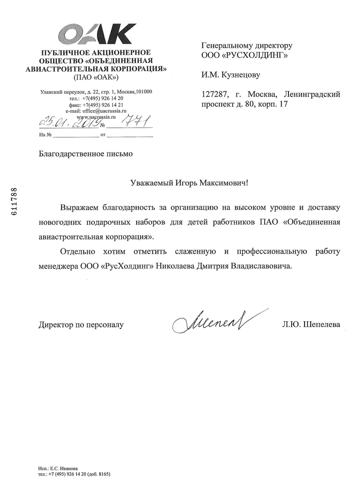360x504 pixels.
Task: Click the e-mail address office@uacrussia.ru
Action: click(102, 110)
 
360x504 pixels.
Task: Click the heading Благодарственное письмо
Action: click(86, 154)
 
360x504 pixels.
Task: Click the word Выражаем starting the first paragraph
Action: click(79, 208)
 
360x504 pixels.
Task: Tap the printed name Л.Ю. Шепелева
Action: click(309, 324)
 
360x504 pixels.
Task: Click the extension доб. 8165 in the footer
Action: click(99, 474)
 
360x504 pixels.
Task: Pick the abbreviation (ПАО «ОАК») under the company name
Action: click(97, 77)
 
